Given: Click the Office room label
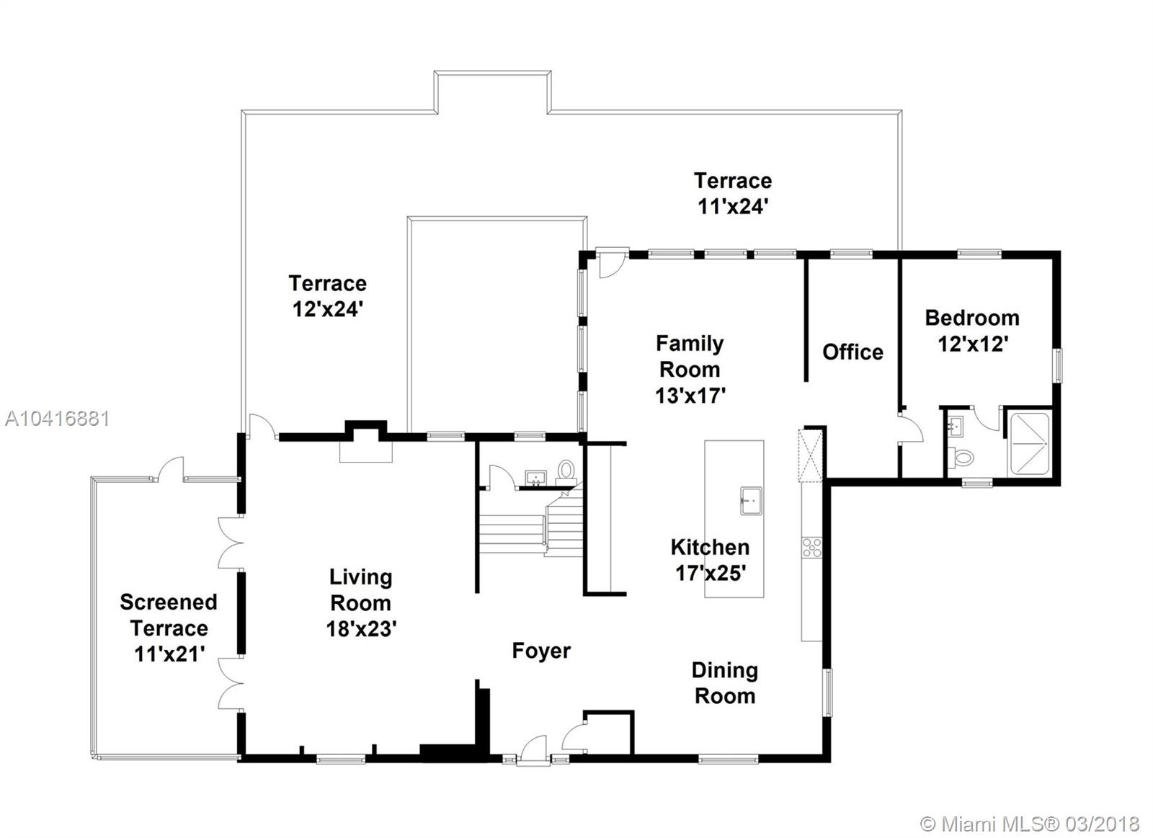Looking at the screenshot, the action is click(x=852, y=352).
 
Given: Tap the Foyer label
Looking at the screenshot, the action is click(x=541, y=651).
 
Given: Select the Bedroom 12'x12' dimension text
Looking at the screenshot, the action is click(x=972, y=344).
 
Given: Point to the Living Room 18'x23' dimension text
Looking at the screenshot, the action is click(x=361, y=628).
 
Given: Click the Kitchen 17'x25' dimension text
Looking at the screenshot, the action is click(x=711, y=573).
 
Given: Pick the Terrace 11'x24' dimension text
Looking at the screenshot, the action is click(x=733, y=206).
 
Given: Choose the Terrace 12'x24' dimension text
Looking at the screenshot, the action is click(x=328, y=309).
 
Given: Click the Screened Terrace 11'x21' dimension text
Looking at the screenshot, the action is click(x=169, y=654).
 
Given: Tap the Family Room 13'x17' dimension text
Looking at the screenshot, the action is click(x=690, y=396).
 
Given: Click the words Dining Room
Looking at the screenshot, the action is click(x=725, y=683).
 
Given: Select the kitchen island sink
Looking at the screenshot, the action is click(x=751, y=500).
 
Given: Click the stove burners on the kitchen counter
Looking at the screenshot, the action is click(x=811, y=548).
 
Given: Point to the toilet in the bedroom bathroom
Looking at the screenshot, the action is click(x=961, y=458).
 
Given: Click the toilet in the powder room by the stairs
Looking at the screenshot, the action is click(x=566, y=471).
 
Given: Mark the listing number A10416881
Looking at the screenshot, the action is click(x=57, y=419).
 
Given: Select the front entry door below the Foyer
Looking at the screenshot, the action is click(x=533, y=749).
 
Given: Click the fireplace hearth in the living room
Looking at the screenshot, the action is click(x=365, y=452).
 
